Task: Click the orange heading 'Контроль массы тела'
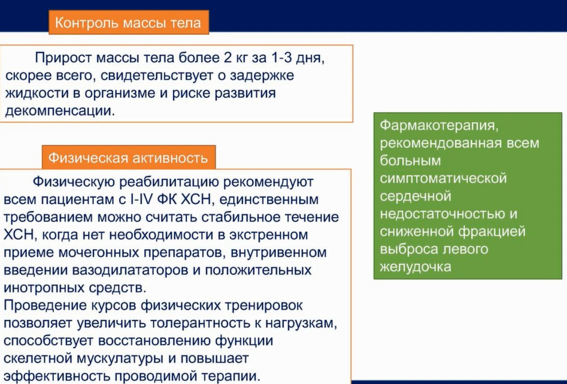[x=128, y=23]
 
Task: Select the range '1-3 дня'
[x=293, y=58]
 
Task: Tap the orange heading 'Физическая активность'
[x=128, y=158]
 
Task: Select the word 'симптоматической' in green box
[x=443, y=179]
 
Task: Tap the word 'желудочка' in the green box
[x=416, y=267]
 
